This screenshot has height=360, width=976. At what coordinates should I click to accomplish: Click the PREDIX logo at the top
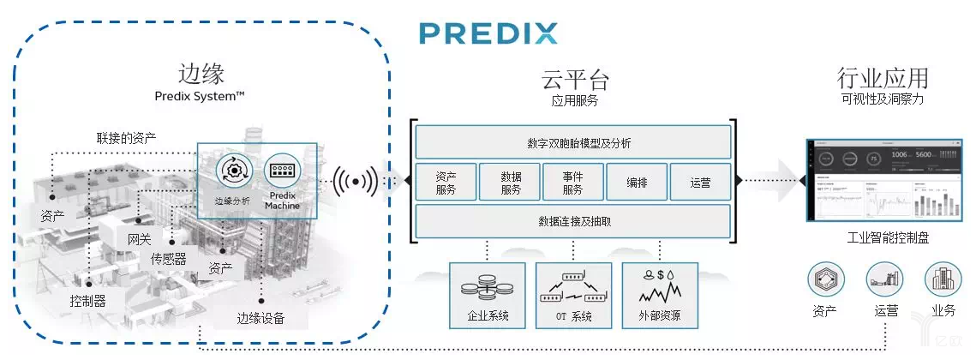pos(488,33)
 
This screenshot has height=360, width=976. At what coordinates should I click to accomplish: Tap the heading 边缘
pos(202,72)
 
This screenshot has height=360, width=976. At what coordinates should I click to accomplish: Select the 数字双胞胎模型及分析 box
pos(572,142)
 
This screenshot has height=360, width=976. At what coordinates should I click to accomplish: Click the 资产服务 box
pos(446,182)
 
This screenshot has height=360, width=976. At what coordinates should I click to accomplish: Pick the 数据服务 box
pos(510,182)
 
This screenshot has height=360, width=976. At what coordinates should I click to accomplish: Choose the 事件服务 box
pos(572,182)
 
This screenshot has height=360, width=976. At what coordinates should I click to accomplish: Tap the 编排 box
pos(637,182)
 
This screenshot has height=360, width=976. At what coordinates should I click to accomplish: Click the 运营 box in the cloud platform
pos(700,182)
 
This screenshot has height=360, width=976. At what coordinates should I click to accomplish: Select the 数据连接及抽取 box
pos(572,221)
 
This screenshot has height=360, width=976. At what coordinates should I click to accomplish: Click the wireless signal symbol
pos(356,181)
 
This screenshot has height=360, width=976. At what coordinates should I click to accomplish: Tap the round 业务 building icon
pos(943,279)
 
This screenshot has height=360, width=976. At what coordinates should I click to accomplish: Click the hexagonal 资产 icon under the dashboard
pos(825,279)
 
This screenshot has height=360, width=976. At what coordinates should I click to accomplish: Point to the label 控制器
pos(88,301)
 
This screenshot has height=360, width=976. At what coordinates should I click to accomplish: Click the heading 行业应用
pos(883,80)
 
